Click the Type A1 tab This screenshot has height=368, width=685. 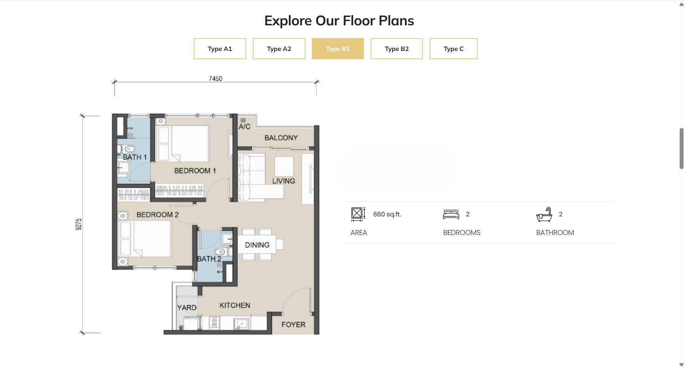[x=220, y=49]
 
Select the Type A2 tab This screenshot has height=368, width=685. [x=279, y=49]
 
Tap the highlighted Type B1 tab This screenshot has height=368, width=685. [x=338, y=49]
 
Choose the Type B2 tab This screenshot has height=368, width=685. [x=397, y=49]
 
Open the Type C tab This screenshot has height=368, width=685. [x=453, y=49]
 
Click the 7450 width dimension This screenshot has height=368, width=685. [x=215, y=78]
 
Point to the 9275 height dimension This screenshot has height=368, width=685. [x=78, y=224]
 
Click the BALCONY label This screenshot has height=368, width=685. [x=281, y=138]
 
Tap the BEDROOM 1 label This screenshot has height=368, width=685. [x=195, y=171]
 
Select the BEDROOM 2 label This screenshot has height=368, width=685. [x=158, y=215]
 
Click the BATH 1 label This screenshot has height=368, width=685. [x=135, y=157]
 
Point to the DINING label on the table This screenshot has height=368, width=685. [x=257, y=245]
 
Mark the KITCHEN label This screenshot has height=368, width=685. [x=235, y=305]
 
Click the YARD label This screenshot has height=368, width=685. [x=187, y=307]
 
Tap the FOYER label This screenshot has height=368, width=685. [x=293, y=324]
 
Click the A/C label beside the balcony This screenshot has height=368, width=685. [x=244, y=127]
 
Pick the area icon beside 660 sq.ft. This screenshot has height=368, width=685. [x=358, y=214]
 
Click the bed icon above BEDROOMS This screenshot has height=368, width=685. [x=451, y=214]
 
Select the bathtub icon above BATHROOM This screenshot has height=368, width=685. [x=544, y=214]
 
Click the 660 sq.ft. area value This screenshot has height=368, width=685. [x=387, y=214]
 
